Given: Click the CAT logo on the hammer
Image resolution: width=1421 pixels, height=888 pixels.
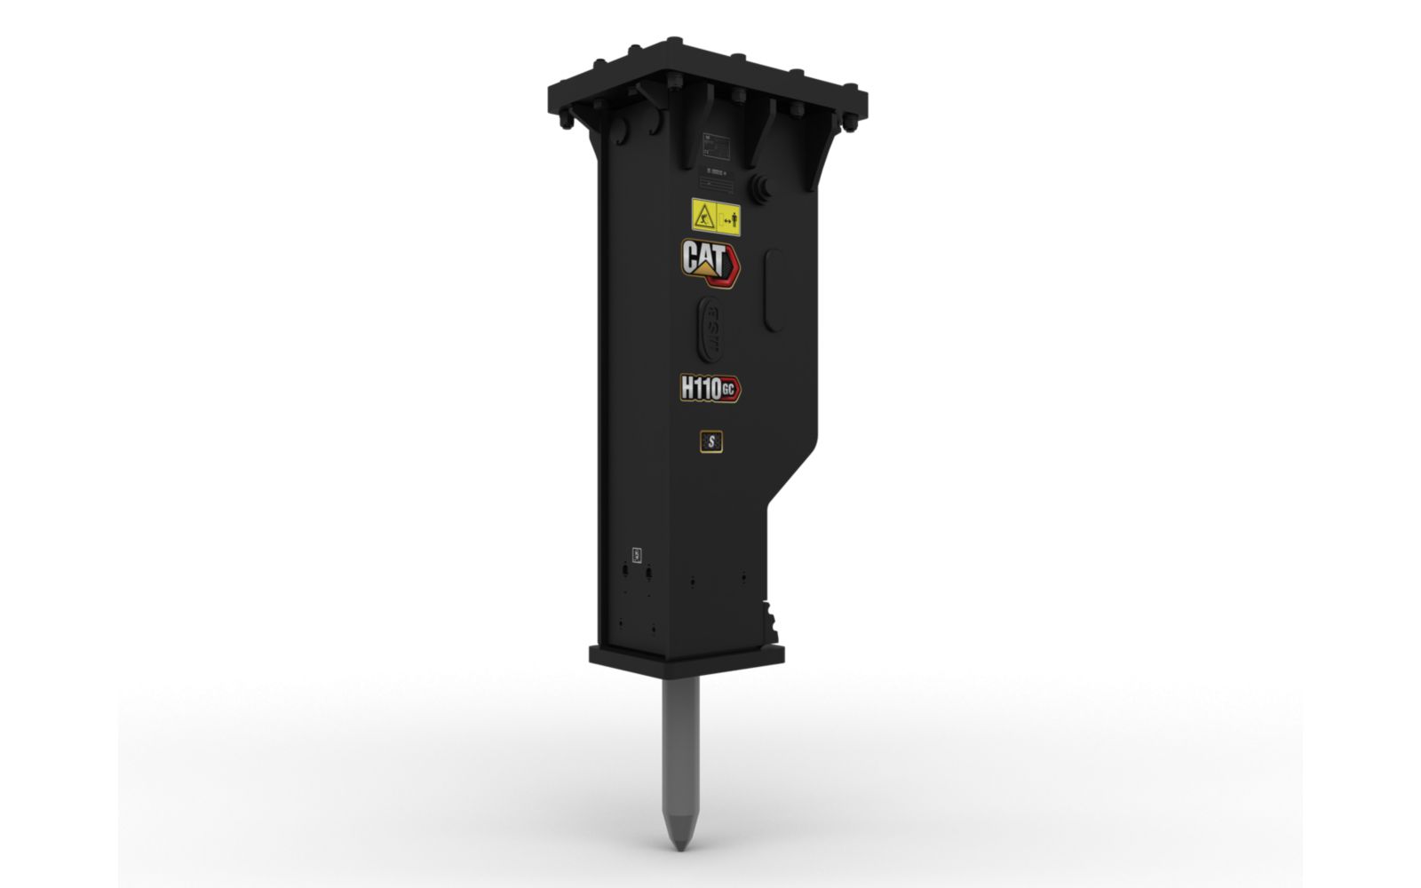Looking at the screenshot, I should point(710,259).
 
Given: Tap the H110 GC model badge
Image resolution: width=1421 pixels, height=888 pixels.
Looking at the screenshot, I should point(710,388).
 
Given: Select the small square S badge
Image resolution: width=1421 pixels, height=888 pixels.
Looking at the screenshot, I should point(710,440).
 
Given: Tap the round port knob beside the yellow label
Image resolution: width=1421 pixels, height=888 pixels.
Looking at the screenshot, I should point(760,188).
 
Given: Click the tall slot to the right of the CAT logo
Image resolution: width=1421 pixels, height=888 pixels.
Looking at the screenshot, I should point(774,290).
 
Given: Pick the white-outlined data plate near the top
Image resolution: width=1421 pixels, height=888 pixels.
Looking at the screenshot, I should point(715,147).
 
